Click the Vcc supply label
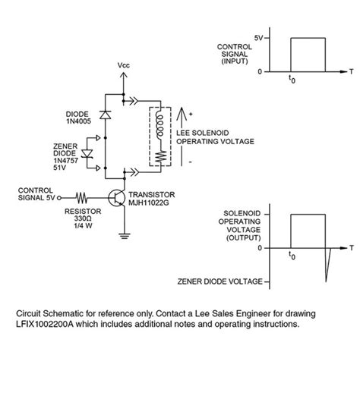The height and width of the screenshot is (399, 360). [x=124, y=66]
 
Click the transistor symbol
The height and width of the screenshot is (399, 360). [x=118, y=199]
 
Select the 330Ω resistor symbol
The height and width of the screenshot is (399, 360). [x=81, y=196]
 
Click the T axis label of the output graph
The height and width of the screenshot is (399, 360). [x=352, y=248]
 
